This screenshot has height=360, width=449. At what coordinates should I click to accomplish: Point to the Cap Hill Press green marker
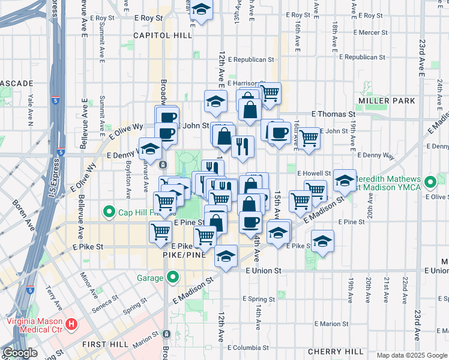coord(109,211)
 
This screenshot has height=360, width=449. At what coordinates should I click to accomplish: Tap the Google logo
coord(20,353)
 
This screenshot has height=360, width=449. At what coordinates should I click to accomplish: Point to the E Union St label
coord(263,271)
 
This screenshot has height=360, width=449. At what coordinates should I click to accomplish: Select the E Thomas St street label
coord(333,113)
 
